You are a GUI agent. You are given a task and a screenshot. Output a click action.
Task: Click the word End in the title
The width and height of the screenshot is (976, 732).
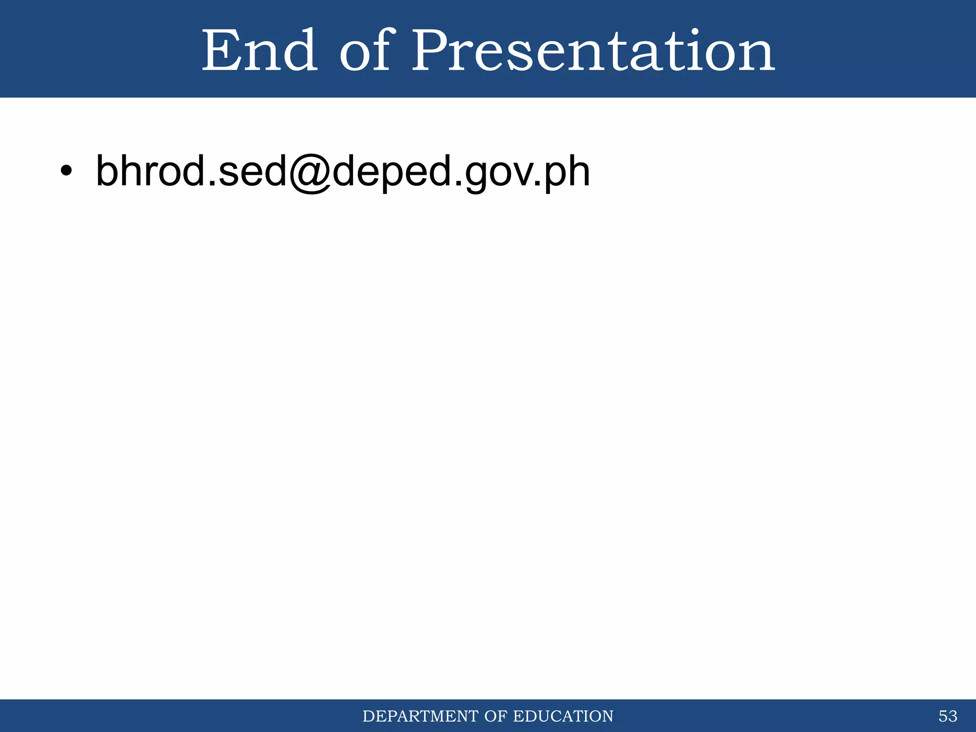coord(260,51)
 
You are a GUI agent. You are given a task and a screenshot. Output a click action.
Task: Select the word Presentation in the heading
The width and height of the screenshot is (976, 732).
coord(593,51)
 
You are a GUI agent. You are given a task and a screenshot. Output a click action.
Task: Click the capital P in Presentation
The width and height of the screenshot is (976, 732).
coord(431,51)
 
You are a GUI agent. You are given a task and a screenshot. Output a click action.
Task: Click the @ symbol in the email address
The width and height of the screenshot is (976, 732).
coord(309,173)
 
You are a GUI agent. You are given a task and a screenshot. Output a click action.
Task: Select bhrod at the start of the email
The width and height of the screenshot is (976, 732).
coord(149,171)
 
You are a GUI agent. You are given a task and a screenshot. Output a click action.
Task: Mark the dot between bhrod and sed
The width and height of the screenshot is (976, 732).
coord(210,183)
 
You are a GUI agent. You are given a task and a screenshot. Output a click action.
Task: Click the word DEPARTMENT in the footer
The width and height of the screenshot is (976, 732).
coord(421,716)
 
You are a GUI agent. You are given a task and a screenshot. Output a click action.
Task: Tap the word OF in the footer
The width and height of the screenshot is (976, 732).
coord(496,716)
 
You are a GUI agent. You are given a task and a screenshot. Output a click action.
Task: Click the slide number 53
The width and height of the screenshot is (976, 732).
coord(947,716)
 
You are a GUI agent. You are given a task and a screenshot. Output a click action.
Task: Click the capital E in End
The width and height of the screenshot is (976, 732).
coord(220,51)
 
